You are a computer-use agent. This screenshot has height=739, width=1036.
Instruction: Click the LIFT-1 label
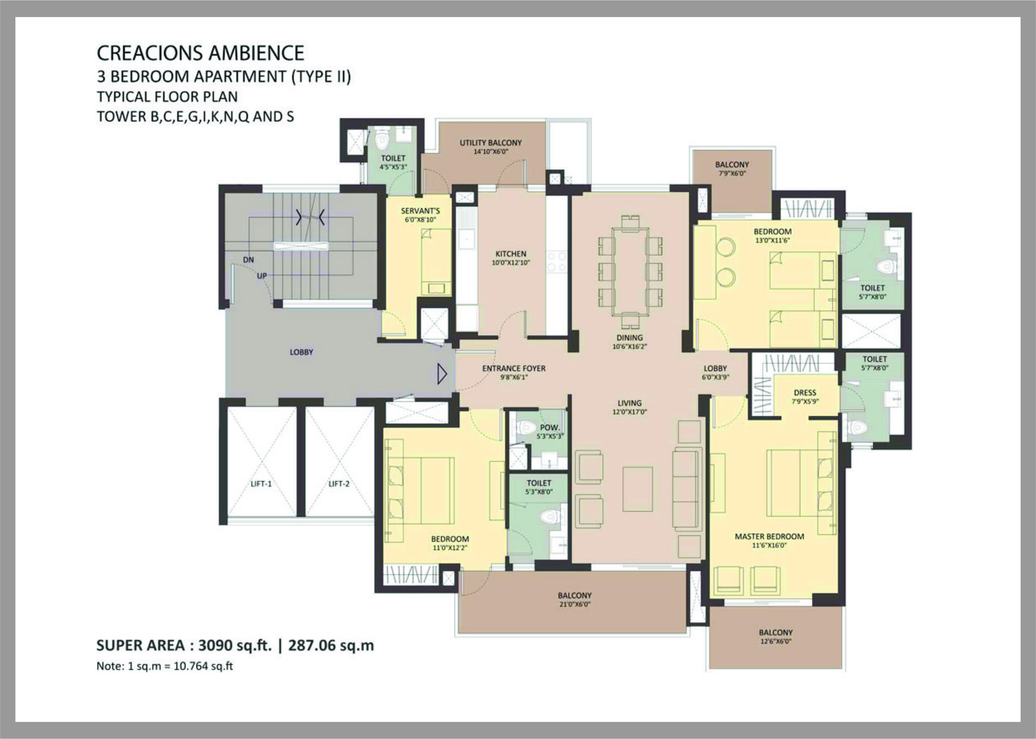tap(261, 484)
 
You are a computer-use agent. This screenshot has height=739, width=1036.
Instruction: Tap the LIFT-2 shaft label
tap(339, 484)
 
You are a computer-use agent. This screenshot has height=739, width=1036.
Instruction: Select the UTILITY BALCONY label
tap(491, 143)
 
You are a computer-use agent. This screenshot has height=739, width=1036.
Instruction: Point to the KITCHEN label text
tap(510, 254)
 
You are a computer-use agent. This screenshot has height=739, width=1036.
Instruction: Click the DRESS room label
tap(804, 393)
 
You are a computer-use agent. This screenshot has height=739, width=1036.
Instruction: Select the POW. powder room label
tap(550, 428)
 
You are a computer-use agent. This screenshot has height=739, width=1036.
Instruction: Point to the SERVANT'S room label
tap(420, 211)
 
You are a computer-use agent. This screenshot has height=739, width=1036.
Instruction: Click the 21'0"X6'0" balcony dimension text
tap(574, 604)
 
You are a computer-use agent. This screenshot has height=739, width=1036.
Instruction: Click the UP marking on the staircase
tap(262, 276)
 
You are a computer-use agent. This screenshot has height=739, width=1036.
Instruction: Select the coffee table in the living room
tap(637, 489)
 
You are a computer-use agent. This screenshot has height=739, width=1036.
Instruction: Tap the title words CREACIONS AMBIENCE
tap(200, 53)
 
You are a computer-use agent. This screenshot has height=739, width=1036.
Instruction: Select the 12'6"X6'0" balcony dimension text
tap(775, 642)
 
